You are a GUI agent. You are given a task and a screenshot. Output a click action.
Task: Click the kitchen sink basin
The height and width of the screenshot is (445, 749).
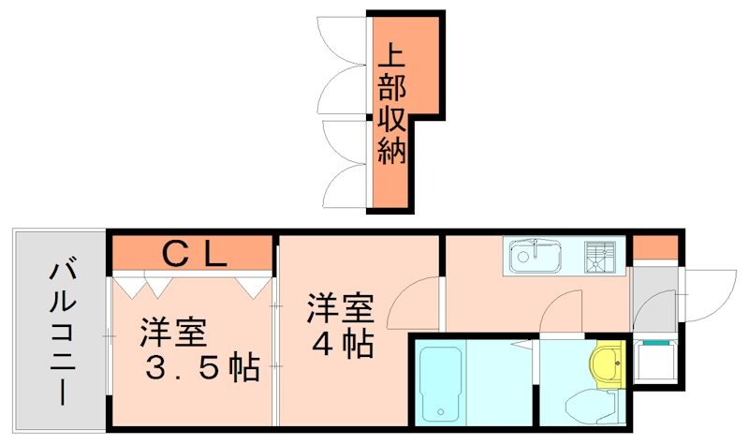point(534,255)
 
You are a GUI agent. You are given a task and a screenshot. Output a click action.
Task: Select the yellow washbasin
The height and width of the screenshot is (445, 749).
point(608,363)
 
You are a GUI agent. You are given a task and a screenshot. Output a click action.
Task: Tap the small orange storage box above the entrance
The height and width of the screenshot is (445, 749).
point(654,248)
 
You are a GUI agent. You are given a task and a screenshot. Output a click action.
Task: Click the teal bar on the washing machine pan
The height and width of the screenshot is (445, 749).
point(655,343)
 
